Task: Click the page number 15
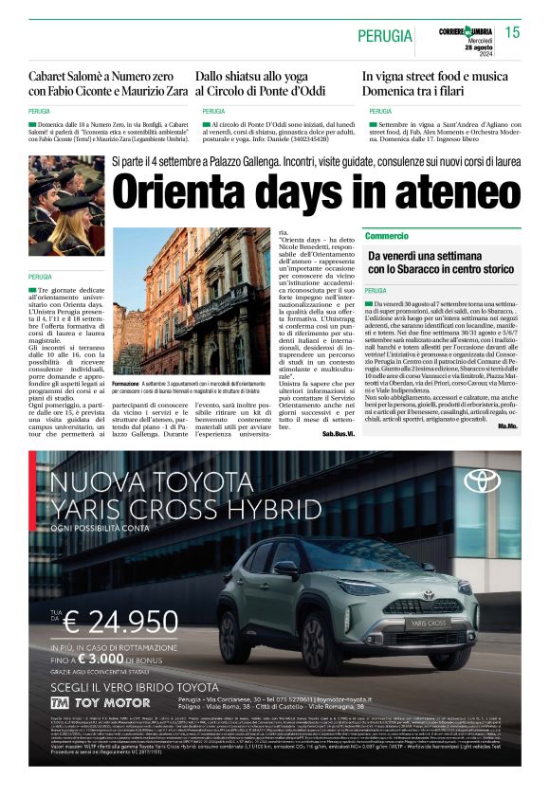[513, 33]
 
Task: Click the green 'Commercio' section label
[386, 235]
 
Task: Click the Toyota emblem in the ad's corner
[482, 481]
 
